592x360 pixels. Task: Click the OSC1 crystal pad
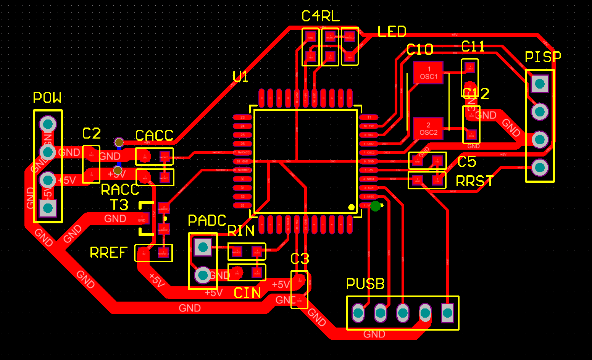tap(428, 73)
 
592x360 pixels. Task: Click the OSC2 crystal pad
tap(428, 129)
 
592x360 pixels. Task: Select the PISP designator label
tap(543, 57)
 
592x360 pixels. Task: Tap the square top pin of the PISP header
tap(540, 84)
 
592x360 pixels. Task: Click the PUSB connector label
tap(365, 284)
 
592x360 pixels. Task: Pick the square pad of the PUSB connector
tap(447, 313)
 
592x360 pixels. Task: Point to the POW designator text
tap(47, 98)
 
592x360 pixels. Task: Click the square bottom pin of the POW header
tap(48, 208)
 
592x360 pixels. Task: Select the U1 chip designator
tap(240, 77)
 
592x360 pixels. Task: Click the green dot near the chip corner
tap(376, 206)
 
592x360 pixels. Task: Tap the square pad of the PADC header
tap(203, 247)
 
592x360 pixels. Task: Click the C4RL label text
tap(320, 16)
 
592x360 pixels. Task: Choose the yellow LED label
tap(392, 32)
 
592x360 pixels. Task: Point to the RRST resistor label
tap(474, 181)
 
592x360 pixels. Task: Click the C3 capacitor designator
tap(300, 259)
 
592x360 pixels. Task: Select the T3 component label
tap(119, 205)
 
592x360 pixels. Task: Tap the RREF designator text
tap(108, 252)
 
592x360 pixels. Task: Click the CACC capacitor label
tap(154, 135)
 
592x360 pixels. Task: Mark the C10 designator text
tap(419, 50)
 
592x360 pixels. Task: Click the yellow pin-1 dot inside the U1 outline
tap(351, 207)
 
